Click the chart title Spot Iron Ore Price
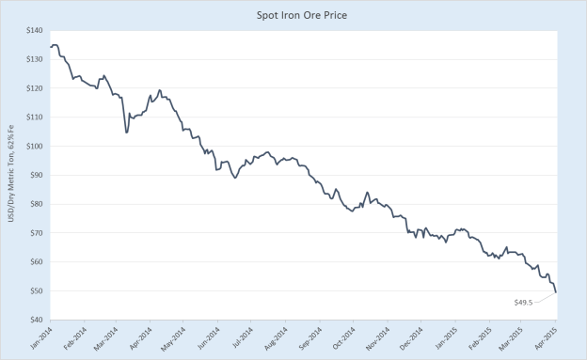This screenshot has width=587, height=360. click(x=293, y=15)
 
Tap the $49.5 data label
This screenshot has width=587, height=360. click(x=525, y=303)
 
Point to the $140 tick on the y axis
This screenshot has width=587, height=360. click(x=35, y=31)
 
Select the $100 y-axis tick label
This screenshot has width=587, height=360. click(x=35, y=147)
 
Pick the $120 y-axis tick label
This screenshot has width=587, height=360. click(x=35, y=88)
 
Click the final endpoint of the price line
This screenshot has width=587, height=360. click(x=556, y=292)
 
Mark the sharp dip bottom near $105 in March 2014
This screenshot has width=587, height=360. click(x=126, y=132)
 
